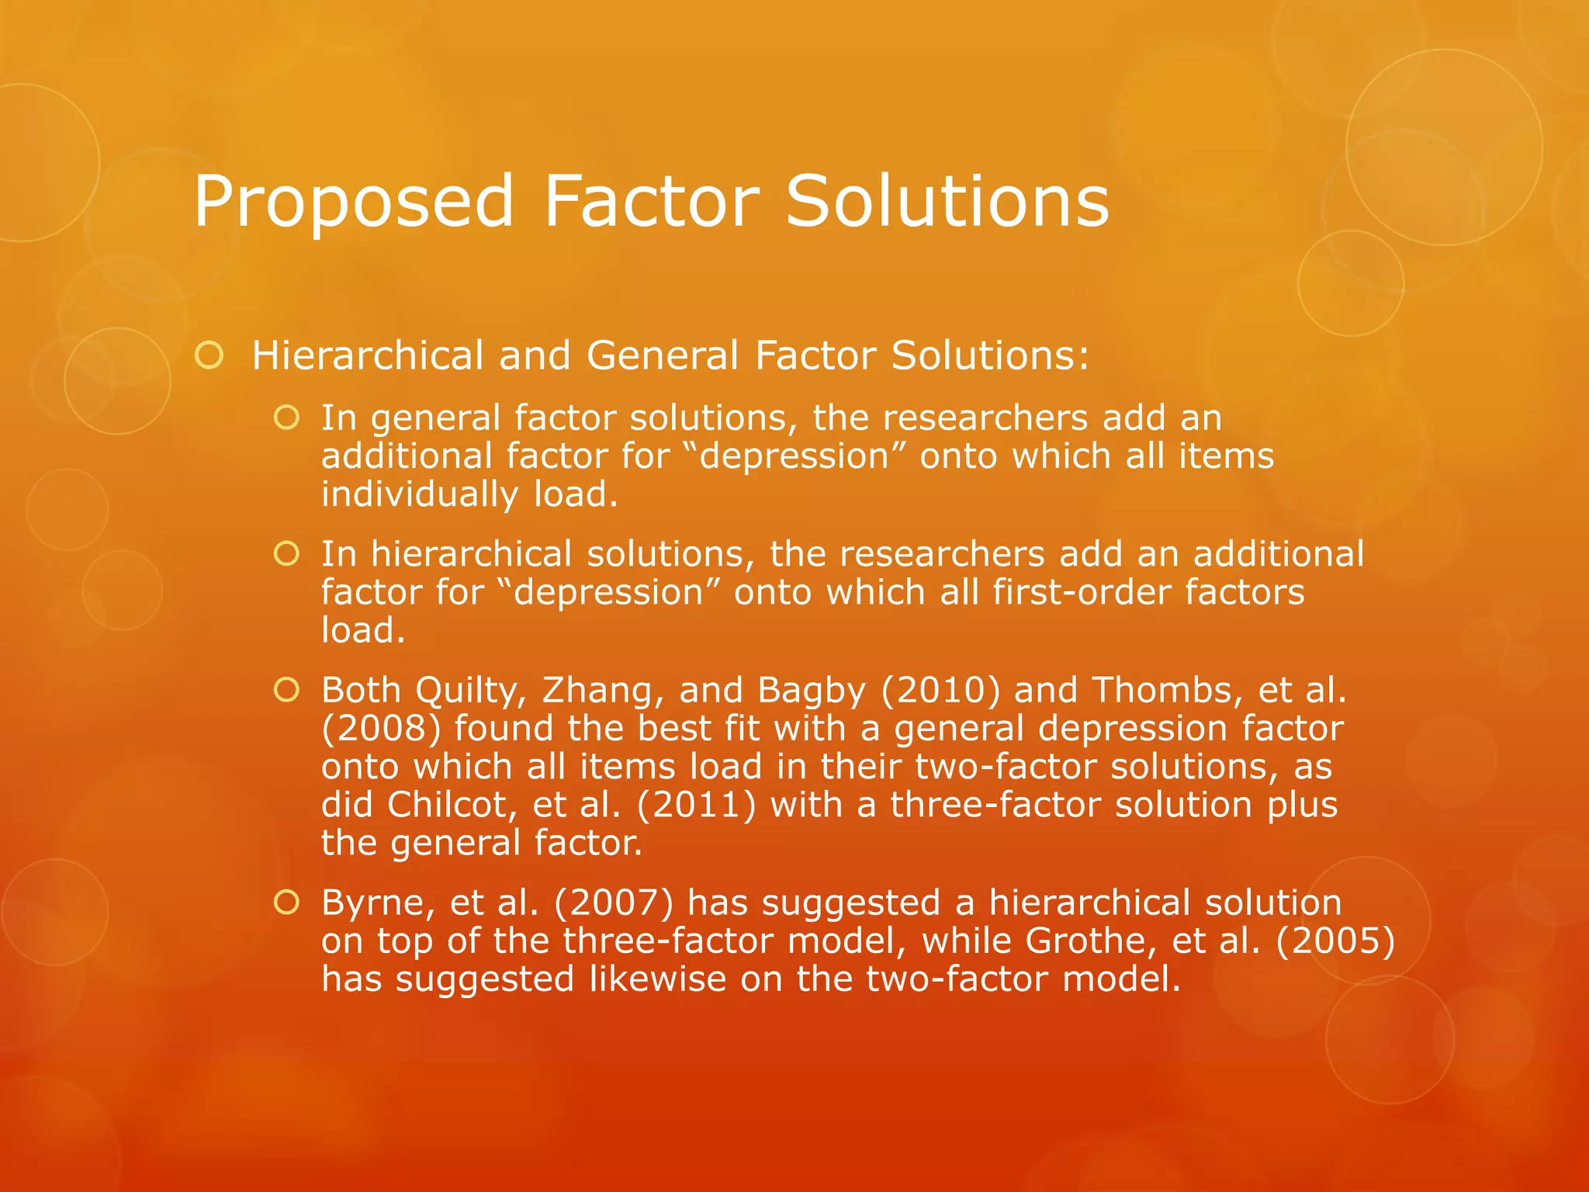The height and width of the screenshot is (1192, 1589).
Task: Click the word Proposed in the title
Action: coord(354,202)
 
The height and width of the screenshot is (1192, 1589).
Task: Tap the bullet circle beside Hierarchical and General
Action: coord(209,356)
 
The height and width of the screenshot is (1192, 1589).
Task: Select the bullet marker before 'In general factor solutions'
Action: coord(286,418)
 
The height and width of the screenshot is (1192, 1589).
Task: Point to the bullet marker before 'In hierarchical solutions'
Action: coord(286,554)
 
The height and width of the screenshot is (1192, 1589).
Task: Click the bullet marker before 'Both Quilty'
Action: coord(286,690)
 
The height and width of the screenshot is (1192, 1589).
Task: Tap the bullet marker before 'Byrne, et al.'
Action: coord(286,903)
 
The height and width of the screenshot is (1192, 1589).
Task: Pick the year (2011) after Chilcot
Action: coord(696,805)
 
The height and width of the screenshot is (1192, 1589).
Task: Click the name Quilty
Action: coord(470,690)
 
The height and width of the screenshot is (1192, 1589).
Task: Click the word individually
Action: coord(420,494)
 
